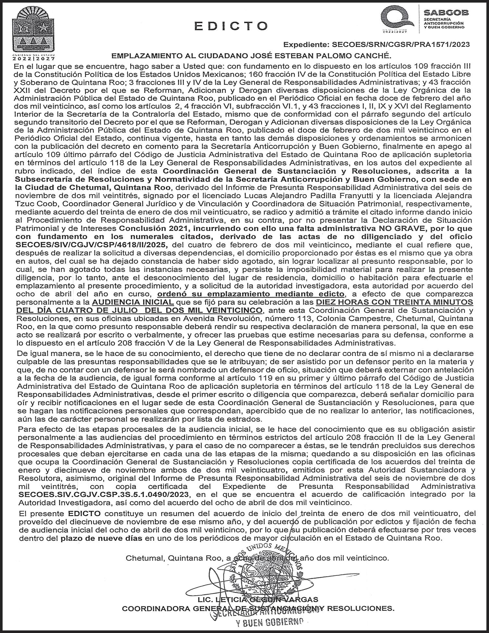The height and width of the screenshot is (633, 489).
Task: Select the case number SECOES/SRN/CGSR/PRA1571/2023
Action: (400, 44)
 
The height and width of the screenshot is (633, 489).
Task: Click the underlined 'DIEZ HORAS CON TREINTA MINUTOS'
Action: (395, 302)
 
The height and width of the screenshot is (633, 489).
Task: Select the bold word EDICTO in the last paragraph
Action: (84, 513)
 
